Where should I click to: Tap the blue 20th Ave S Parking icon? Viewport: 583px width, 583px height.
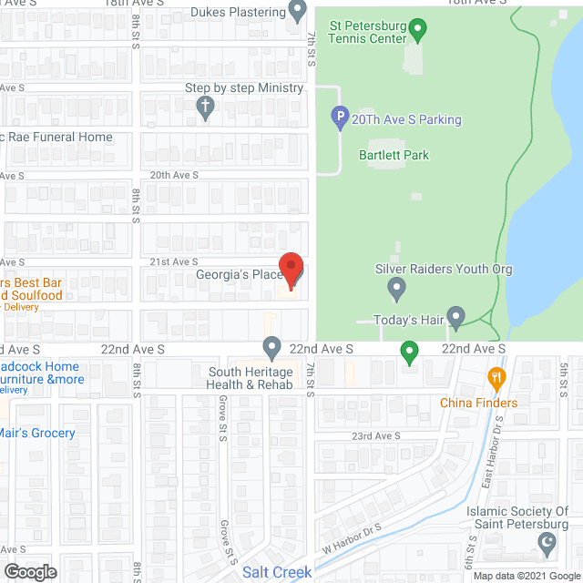pos(339,118)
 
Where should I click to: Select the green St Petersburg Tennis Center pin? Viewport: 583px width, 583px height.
pos(418,31)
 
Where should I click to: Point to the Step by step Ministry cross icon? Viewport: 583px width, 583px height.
pos(206,107)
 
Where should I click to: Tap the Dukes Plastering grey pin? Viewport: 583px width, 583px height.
pos(297,11)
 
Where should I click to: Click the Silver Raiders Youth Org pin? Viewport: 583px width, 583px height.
pos(396,289)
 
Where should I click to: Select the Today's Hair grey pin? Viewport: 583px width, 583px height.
pos(455,315)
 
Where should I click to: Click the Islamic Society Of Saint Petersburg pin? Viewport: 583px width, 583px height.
pos(547,544)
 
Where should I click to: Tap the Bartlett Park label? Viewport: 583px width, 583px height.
pos(394,155)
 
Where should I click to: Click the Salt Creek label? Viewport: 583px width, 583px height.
pos(278,572)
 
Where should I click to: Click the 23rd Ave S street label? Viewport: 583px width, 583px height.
pos(376,436)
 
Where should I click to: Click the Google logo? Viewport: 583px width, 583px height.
pos(29,572)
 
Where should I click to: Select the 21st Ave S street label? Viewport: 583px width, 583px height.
pos(173,261)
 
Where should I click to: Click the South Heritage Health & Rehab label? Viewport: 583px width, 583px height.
pos(251,378)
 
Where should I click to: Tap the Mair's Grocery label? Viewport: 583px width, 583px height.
pos(38,433)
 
